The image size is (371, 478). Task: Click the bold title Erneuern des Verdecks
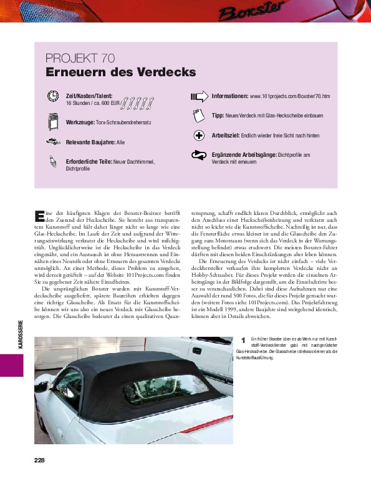[120, 72]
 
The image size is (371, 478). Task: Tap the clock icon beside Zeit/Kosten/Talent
[52, 96]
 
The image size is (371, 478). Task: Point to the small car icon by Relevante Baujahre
[52, 142]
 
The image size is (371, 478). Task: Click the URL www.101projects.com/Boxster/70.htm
[289, 97]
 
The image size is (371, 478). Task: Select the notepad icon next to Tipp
[198, 116]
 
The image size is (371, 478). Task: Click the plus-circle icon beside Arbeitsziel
[199, 136]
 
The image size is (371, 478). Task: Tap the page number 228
[40, 461]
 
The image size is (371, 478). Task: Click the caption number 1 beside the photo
[243, 340]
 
